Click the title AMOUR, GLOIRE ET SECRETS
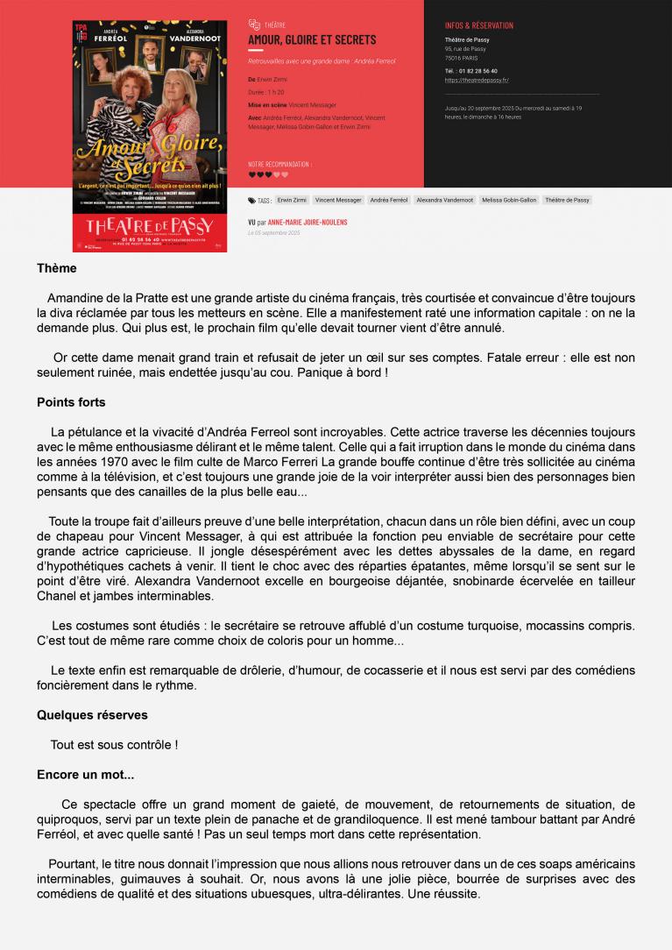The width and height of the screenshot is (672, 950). (x=312, y=39)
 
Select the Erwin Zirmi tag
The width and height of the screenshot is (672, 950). (x=292, y=200)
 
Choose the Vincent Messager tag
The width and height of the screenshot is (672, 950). (x=338, y=200)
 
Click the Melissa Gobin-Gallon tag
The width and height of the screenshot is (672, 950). (x=509, y=200)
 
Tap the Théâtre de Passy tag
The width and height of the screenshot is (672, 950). (x=567, y=200)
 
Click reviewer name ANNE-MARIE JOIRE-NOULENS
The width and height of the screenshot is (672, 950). (x=308, y=223)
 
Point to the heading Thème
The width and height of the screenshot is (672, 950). (x=57, y=268)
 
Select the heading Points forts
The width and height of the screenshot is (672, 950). (x=71, y=402)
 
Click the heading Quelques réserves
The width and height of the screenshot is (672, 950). (x=92, y=715)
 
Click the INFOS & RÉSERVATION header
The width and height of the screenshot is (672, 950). (x=479, y=25)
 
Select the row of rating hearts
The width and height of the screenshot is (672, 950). (x=268, y=174)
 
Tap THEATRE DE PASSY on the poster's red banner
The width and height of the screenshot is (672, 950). (x=150, y=227)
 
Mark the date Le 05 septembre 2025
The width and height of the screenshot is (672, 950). (x=274, y=233)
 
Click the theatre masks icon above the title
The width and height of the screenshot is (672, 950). (x=254, y=25)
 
